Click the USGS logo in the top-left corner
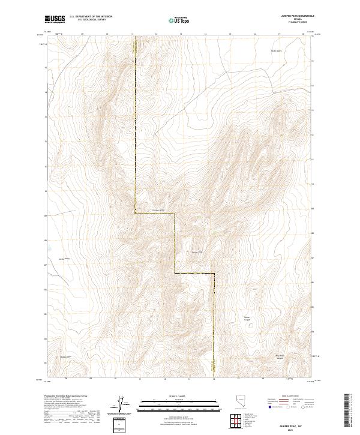click(55, 20)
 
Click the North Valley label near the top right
click(274, 50)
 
